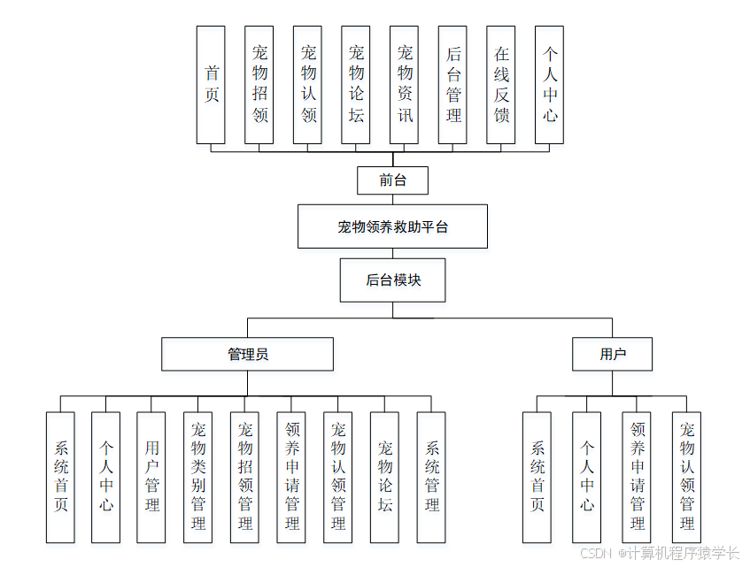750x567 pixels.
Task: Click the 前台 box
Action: tap(392, 180)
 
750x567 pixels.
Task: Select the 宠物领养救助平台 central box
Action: tap(392, 226)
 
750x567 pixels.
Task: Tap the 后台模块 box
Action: tap(392, 280)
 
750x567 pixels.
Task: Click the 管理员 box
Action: tap(247, 354)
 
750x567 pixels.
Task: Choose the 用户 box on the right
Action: tap(612, 354)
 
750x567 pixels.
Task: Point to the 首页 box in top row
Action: tap(211, 85)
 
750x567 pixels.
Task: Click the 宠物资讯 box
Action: tap(404, 85)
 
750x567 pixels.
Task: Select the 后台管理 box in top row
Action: tap(452, 85)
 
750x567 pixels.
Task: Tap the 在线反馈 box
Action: tap(500, 85)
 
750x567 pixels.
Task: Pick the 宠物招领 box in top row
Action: tap(259, 85)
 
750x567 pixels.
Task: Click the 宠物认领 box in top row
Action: tap(307, 85)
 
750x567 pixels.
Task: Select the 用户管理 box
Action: tap(151, 477)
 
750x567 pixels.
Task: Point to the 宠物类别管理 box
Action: tap(197, 477)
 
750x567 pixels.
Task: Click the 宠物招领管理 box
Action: tap(244, 477)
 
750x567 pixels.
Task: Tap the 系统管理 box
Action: tap(431, 477)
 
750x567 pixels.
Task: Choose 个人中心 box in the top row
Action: tap(549, 85)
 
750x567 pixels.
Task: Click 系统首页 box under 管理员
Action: tap(60, 477)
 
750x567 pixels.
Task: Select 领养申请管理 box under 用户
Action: tap(637, 477)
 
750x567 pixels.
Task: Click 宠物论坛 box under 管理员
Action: tap(384, 477)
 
